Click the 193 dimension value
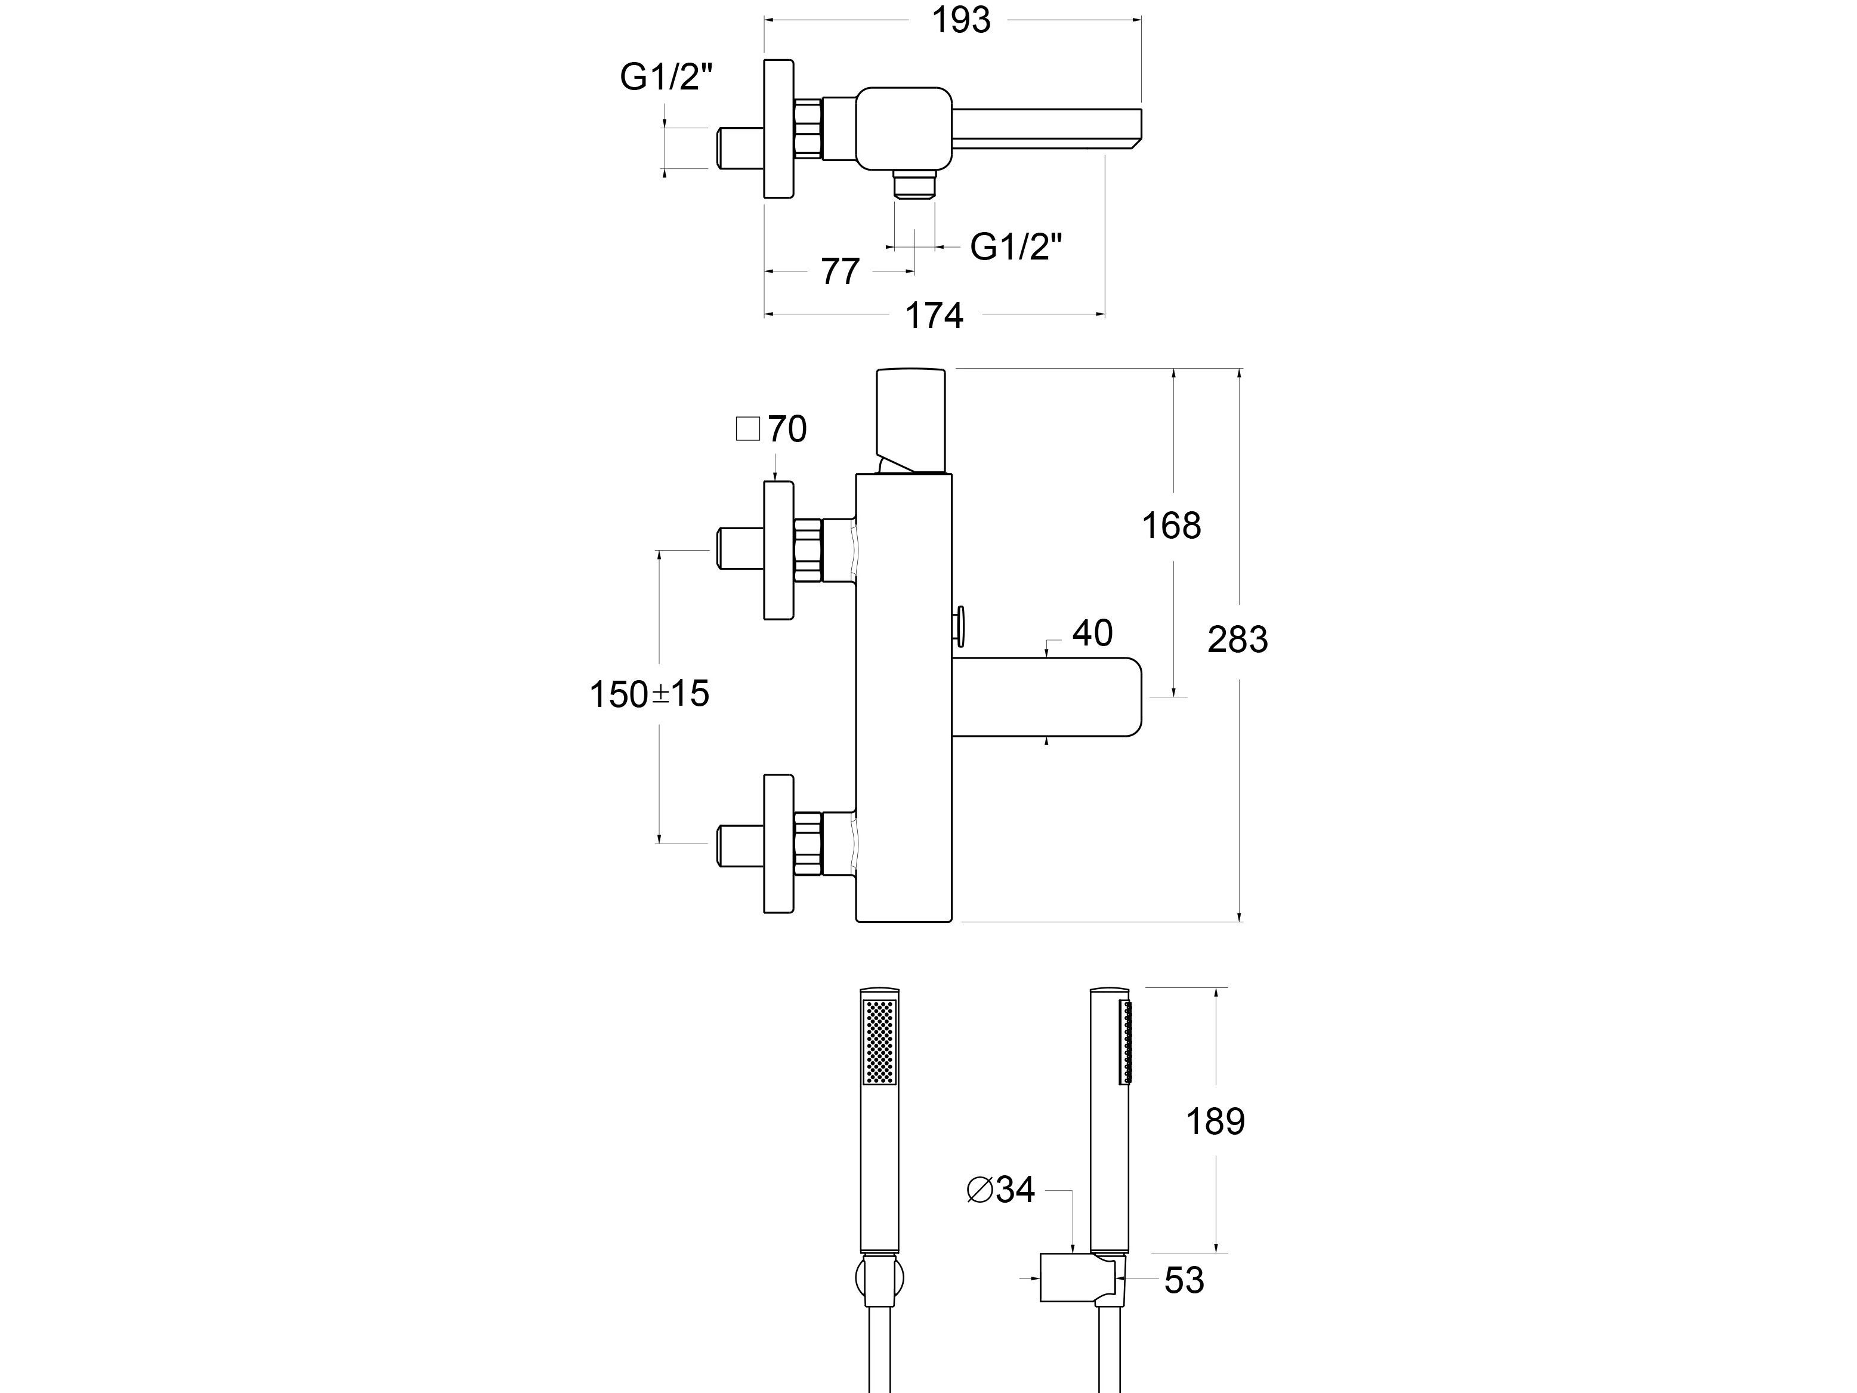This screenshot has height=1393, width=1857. coord(961,21)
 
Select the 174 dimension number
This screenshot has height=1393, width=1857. coord(934,316)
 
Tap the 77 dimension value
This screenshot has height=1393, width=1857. coord(841,272)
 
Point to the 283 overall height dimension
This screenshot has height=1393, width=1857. coord(1237,640)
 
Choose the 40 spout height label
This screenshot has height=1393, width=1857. coord(1092,633)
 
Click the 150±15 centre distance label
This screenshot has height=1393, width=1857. coord(649,694)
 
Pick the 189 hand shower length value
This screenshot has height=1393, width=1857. coord(1215,1121)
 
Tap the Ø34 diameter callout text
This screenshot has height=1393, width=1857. coord(1001,1189)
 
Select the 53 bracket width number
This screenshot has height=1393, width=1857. coord(1184,1280)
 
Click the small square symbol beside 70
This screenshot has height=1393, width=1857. coord(747,429)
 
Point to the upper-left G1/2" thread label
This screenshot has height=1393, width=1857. coord(666,77)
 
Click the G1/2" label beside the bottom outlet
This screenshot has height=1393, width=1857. coord(1016,247)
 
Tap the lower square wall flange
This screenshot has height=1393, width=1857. coord(778,843)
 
